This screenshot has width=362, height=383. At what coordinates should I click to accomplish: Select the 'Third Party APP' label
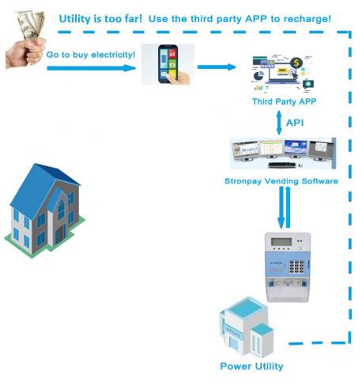click(280, 102)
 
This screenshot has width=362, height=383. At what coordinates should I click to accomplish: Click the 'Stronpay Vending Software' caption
click(281, 181)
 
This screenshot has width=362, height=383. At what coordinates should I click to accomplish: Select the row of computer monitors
click(281, 152)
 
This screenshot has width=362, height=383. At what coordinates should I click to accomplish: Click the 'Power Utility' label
click(251, 366)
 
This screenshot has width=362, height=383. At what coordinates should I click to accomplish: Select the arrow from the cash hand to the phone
click(90, 68)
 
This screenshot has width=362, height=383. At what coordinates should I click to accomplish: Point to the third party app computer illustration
click(281, 71)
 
